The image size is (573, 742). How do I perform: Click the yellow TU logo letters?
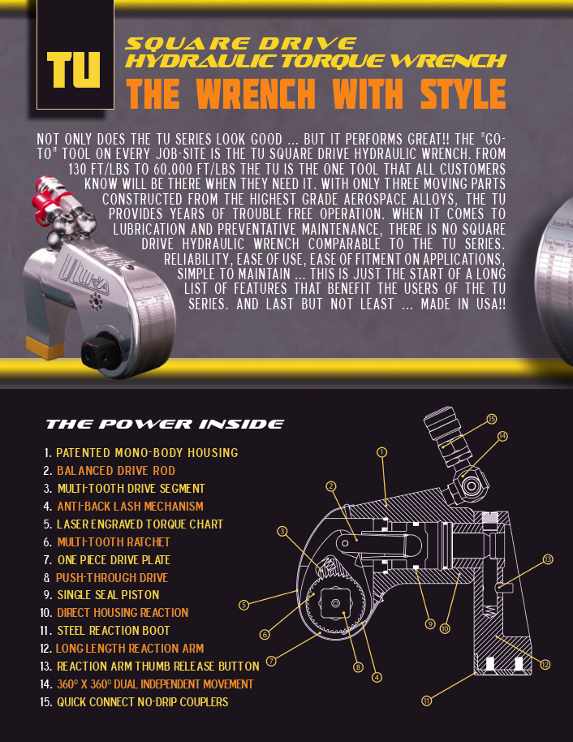click(x=74, y=71)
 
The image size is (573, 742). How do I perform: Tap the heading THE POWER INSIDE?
click(x=165, y=424)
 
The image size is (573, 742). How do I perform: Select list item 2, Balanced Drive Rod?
click(x=115, y=471)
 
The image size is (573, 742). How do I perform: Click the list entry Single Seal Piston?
click(x=108, y=595)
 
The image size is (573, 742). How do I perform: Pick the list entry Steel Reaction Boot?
click(x=113, y=631)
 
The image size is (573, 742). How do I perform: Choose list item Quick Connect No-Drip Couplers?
click(x=142, y=702)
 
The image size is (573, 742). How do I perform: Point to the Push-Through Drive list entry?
click(x=111, y=578)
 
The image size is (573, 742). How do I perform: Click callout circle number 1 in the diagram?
click(x=381, y=451)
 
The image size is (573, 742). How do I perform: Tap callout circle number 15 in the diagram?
click(x=491, y=419)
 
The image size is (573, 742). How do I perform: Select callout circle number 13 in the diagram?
click(x=548, y=559)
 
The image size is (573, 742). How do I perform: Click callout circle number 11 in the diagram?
click(x=427, y=700)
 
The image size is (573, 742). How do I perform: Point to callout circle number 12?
click(x=545, y=665)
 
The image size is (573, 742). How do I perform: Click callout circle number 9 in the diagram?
click(x=430, y=623)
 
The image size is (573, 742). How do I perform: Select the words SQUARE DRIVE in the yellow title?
click(x=241, y=43)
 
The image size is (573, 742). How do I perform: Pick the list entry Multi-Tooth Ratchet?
click(x=114, y=542)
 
